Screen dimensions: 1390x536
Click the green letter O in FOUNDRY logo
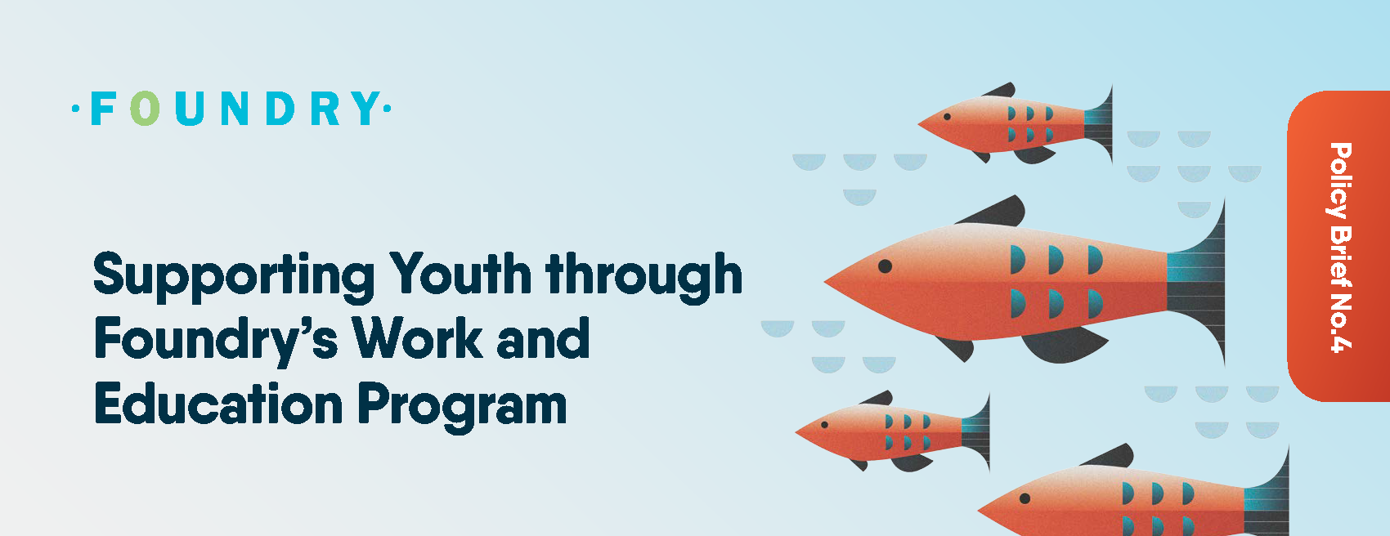tap(146, 108)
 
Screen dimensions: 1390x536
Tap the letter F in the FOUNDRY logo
tap(103, 109)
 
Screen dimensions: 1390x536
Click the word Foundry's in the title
tap(216, 340)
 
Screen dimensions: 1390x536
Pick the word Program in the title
tap(462, 406)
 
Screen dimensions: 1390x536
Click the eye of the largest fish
tap(885, 266)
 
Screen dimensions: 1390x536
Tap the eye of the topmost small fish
tap(947, 117)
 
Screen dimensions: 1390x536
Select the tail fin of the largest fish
tap(1196, 282)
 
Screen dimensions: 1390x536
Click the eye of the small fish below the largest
tap(824, 425)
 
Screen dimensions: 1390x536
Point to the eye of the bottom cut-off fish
tap(1025, 498)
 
